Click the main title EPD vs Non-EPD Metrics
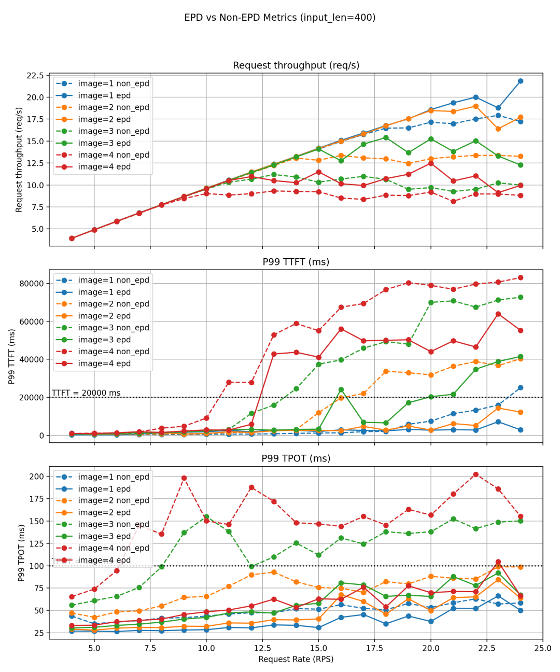tap(280, 18)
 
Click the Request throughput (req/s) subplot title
tap(296, 65)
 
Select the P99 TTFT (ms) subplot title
tap(296, 262)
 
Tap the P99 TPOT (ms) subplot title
tap(296, 458)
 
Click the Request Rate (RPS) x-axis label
tap(296, 659)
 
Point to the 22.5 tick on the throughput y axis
tap(35, 76)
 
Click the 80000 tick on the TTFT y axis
tap(30, 284)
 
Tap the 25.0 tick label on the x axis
tap(543, 648)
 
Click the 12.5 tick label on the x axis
tap(262, 648)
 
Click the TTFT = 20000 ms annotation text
tap(86, 393)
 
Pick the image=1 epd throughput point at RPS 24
tap(521, 81)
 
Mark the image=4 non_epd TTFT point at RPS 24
tap(521, 278)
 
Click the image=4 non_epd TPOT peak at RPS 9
tap(184, 478)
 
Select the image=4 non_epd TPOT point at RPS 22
tap(475, 474)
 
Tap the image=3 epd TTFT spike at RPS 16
tap(341, 390)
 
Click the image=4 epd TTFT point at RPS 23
tap(498, 314)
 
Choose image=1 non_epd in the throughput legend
tap(114, 83)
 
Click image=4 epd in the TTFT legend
tap(104, 363)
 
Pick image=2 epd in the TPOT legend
tap(104, 512)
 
